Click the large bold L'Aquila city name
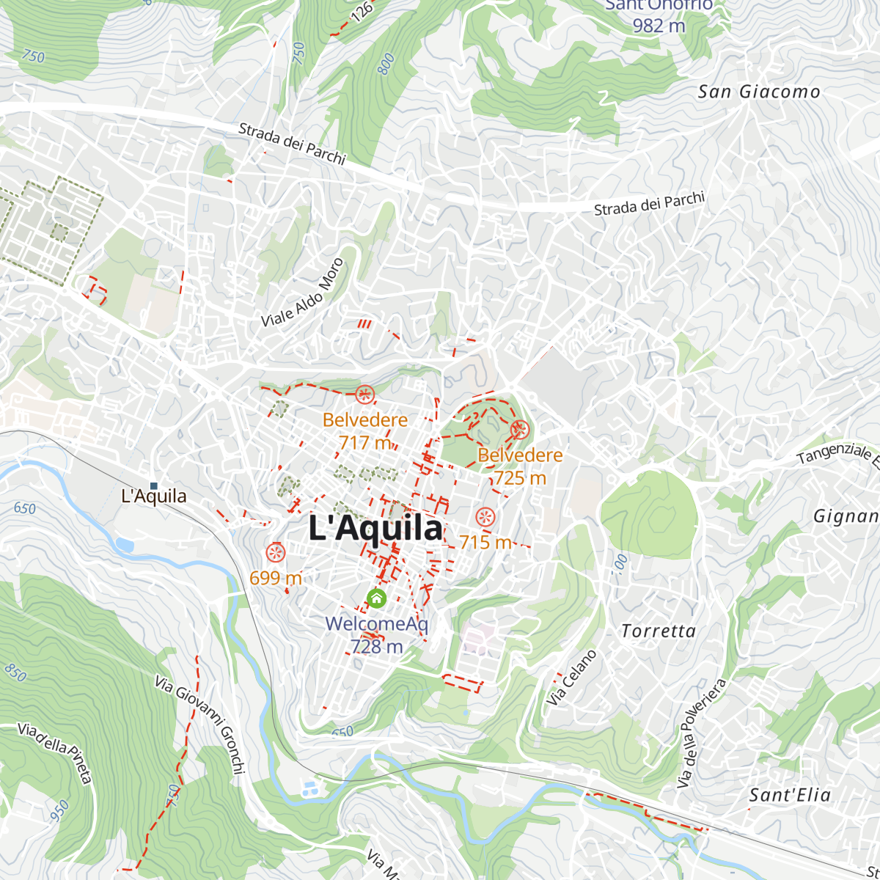click(375, 528)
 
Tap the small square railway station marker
click(154, 485)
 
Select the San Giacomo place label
click(759, 92)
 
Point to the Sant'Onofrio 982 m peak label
click(659, 16)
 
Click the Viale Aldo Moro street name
click(302, 293)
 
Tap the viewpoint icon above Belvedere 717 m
click(364, 395)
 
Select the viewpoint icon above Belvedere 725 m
click(520, 430)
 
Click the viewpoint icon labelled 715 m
click(485, 517)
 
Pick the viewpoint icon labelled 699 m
click(276, 552)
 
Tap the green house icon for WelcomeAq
click(376, 598)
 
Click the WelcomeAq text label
click(376, 624)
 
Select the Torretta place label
click(659, 631)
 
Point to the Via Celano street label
click(572, 678)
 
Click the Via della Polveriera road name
click(701, 733)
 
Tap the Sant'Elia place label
click(790, 795)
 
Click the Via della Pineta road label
click(56, 752)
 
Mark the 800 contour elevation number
click(386, 64)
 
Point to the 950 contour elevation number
click(60, 810)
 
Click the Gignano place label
click(846, 516)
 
